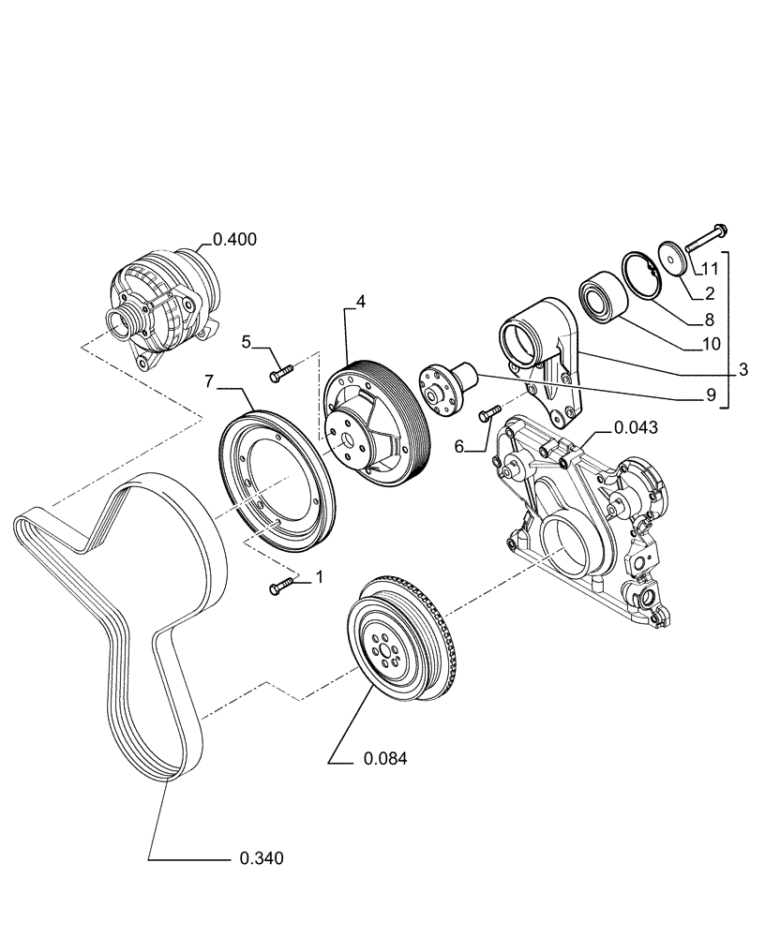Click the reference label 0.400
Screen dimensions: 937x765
(x=234, y=240)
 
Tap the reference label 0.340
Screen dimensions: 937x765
(x=262, y=857)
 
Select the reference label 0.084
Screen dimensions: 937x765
(x=384, y=759)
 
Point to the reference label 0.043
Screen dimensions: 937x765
(x=636, y=427)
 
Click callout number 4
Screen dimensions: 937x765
(x=360, y=302)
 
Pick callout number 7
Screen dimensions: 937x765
(x=210, y=380)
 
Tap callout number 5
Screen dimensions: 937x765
(x=247, y=342)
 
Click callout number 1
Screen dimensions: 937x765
(x=319, y=577)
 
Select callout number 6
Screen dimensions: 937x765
(x=459, y=448)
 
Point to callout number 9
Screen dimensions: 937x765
(x=712, y=395)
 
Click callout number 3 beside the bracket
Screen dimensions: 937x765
(x=742, y=369)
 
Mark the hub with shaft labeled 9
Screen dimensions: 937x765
(x=447, y=385)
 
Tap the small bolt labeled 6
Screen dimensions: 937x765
(x=488, y=411)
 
